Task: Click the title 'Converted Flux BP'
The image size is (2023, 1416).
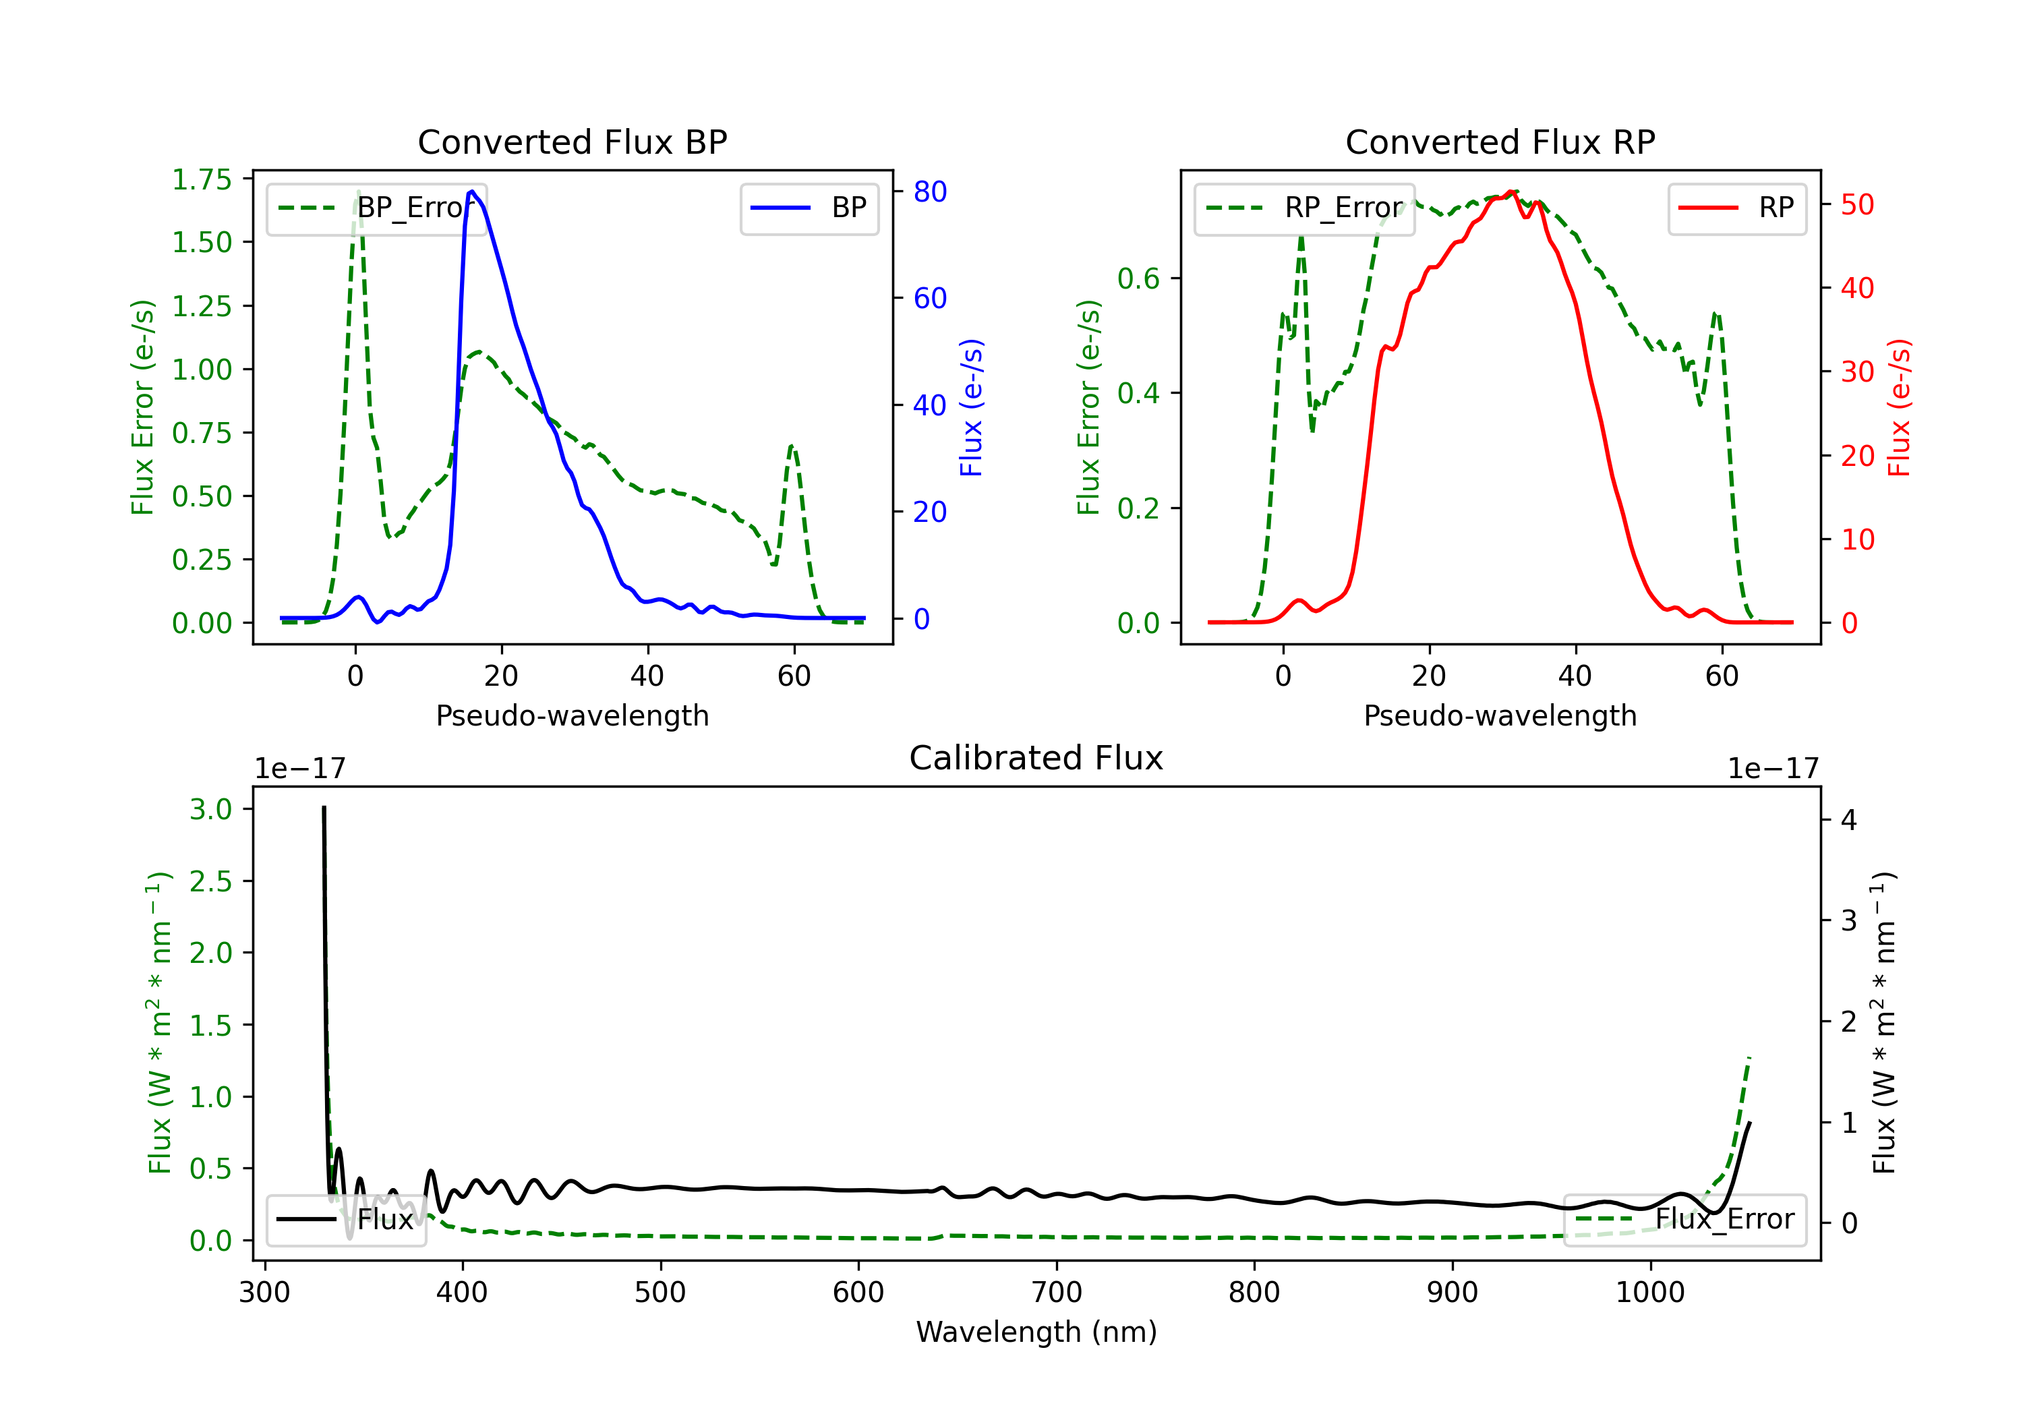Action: (x=572, y=142)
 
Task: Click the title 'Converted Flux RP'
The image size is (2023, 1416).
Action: (x=1500, y=142)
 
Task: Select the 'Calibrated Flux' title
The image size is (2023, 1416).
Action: (x=1036, y=758)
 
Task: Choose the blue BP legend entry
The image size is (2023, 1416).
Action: (x=809, y=208)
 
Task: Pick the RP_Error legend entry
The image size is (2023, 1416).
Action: (x=1305, y=208)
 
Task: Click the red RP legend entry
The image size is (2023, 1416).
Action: (x=1736, y=208)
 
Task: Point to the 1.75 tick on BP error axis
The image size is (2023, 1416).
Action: (x=202, y=180)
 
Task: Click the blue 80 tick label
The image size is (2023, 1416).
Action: (x=929, y=192)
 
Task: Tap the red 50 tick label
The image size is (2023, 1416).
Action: (x=1857, y=205)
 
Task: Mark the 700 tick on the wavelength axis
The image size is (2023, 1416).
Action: (x=1057, y=1293)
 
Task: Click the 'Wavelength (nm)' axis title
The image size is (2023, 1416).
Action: (x=1036, y=1332)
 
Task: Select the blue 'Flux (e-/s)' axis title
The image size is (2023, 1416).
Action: (x=971, y=407)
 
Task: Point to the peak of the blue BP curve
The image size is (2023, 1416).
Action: (x=472, y=191)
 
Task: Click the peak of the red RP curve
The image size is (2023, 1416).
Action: (x=1511, y=191)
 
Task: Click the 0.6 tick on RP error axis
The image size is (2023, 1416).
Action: (x=1138, y=278)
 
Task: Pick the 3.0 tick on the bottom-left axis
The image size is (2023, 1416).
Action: (x=210, y=809)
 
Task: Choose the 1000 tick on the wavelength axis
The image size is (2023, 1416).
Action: (x=1650, y=1293)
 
